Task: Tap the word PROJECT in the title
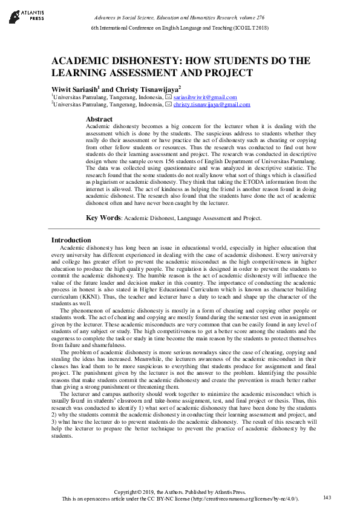pos(223,73)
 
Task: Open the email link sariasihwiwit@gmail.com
pos(205,97)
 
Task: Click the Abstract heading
pos(99,119)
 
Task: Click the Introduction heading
pos(71,240)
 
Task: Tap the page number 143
pos(327,498)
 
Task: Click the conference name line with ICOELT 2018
pos(180,28)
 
